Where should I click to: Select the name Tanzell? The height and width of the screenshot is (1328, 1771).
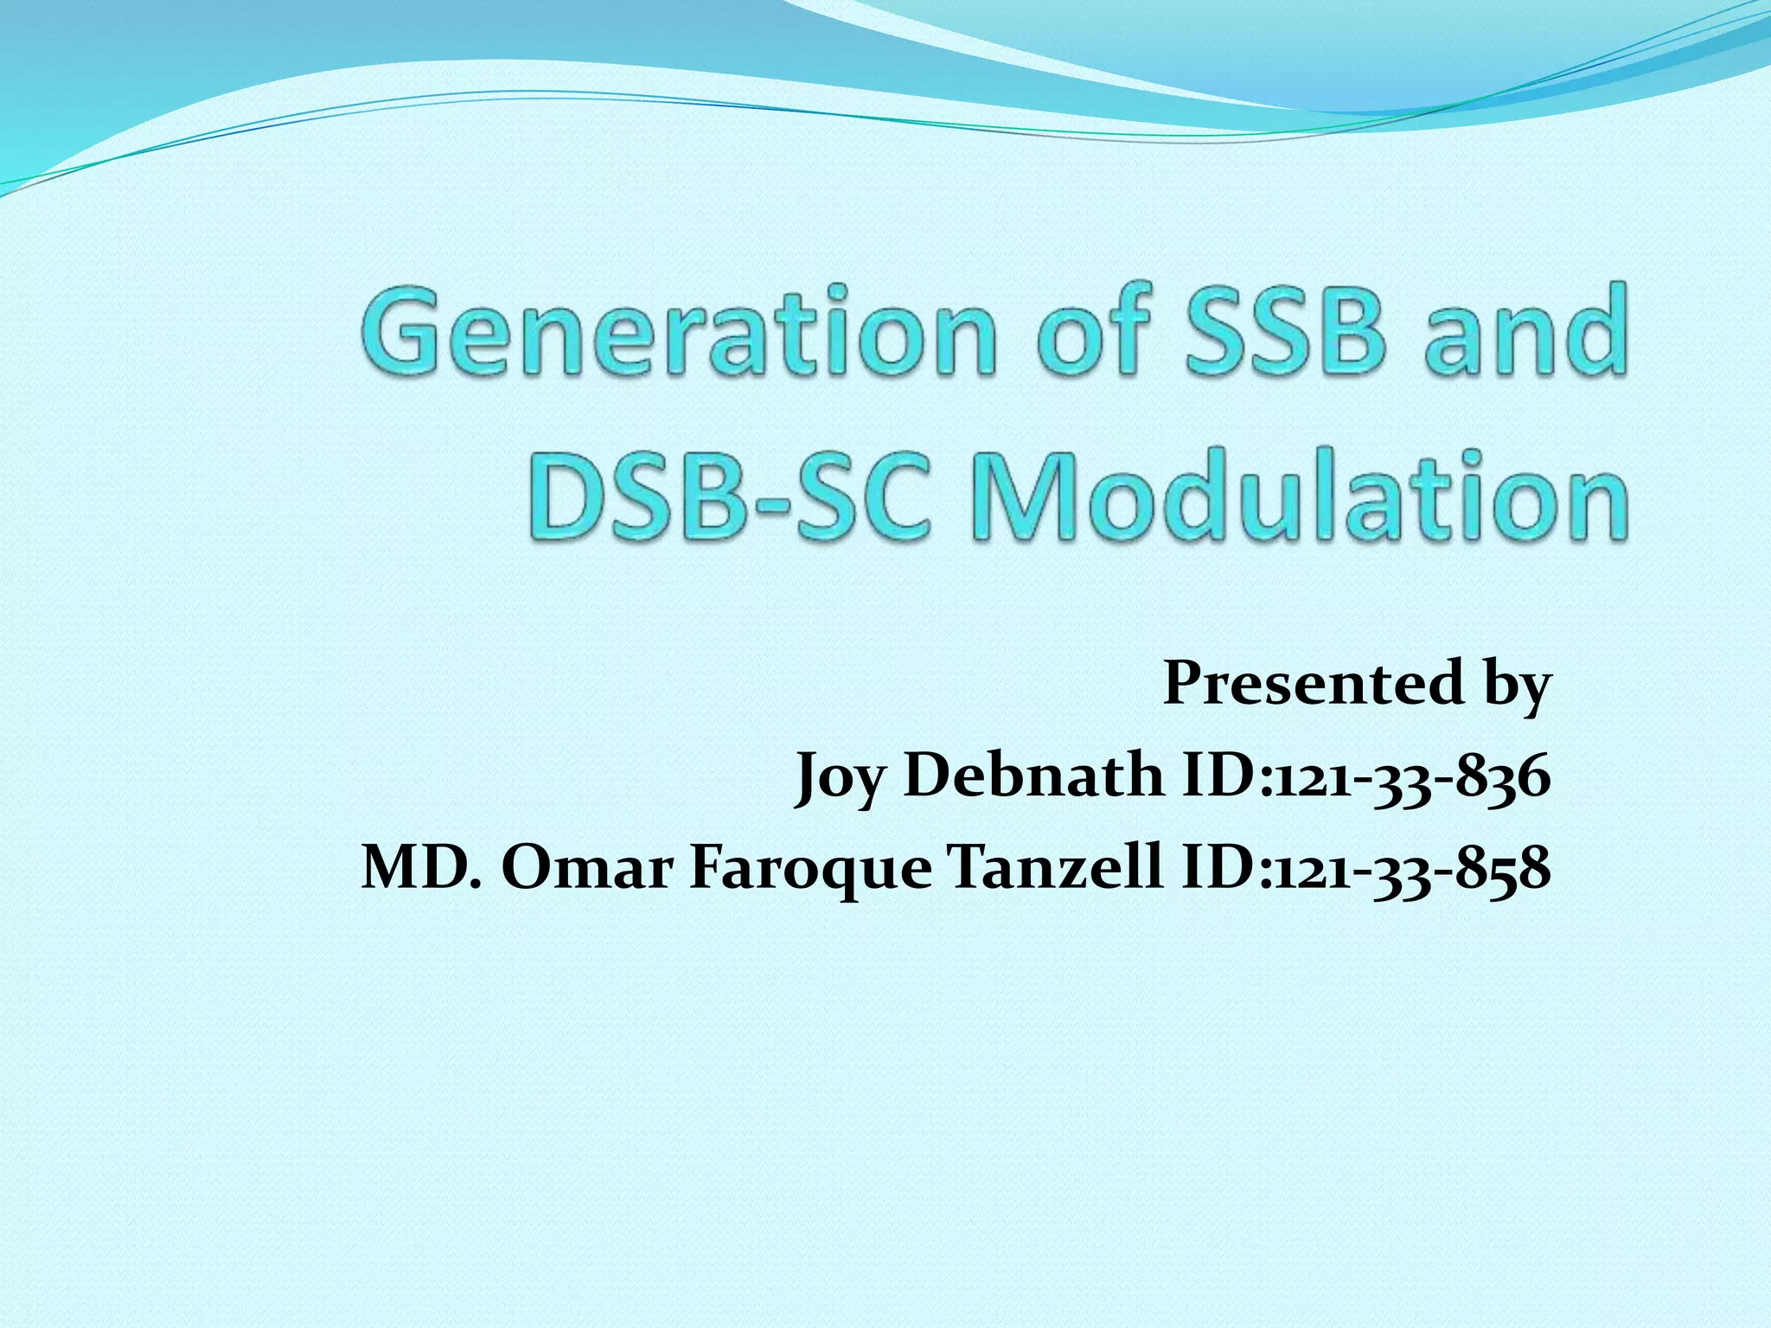1054,868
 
